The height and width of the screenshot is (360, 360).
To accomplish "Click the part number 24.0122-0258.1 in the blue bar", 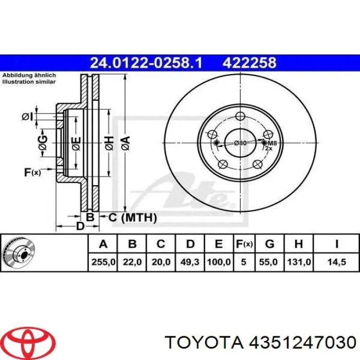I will [146, 63].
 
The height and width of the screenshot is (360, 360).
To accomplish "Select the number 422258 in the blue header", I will [249, 63].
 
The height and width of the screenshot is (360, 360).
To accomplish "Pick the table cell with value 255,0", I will [103, 262].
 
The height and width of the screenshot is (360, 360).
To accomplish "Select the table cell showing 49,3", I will [190, 262].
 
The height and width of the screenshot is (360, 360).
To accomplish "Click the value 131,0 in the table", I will [299, 262].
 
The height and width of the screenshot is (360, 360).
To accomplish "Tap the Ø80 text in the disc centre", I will [240, 142].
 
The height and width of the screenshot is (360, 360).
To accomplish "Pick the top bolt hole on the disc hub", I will [239, 117].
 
